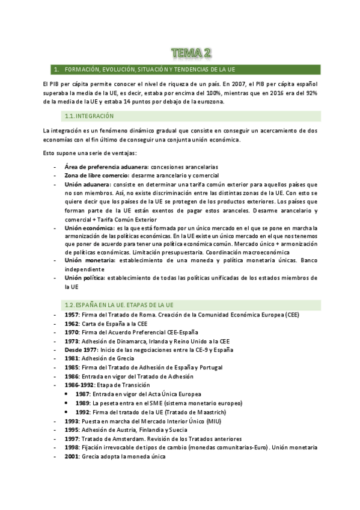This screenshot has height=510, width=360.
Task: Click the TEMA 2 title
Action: [191, 54]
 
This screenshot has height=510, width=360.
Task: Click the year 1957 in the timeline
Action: [72, 315]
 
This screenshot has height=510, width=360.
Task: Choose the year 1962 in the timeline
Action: [72, 324]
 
